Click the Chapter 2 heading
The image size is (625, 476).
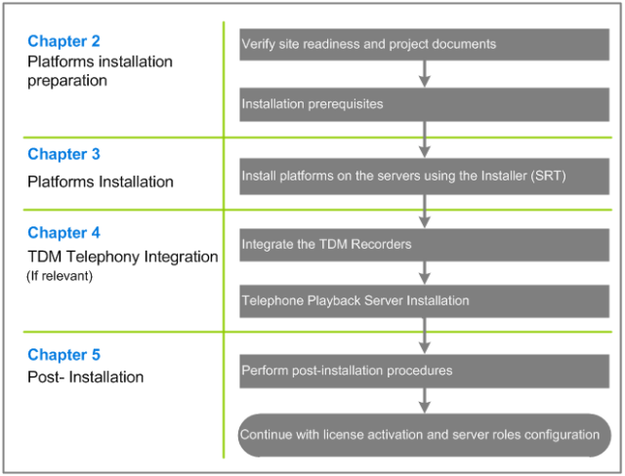[63, 41]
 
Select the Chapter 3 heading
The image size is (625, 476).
[63, 154]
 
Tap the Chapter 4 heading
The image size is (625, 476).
[63, 232]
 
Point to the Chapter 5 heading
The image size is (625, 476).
[63, 355]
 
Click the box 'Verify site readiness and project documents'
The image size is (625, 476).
[424, 44]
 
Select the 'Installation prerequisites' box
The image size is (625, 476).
[424, 104]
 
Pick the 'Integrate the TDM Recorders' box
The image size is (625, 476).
[424, 245]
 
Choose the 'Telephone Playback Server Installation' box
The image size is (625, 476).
[424, 300]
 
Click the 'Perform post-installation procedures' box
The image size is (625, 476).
[424, 371]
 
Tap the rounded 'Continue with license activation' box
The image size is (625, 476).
[424, 435]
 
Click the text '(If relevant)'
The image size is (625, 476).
[60, 276]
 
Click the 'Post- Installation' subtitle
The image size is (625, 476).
[85, 377]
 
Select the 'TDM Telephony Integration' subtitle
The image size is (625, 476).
[123, 257]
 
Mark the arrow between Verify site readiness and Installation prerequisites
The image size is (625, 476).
[425, 74]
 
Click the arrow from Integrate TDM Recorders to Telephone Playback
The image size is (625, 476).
[425, 273]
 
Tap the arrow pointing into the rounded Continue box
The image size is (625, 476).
[425, 401]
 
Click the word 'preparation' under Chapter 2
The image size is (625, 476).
[67, 81]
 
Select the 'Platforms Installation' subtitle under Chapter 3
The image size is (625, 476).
[101, 181]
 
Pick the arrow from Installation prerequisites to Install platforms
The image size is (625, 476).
[425, 139]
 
